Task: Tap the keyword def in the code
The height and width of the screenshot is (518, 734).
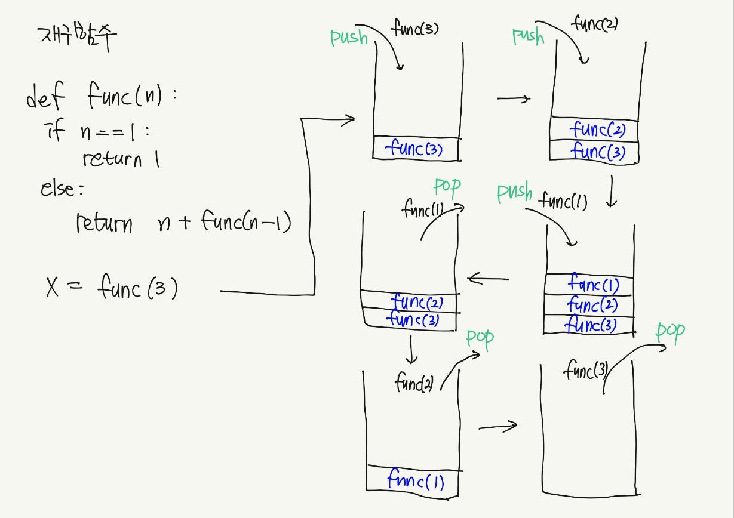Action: (x=45, y=97)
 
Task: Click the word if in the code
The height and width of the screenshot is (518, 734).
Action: (x=55, y=130)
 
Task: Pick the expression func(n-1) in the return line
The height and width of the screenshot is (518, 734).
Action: (x=245, y=223)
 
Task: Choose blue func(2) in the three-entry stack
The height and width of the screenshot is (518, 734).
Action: (x=592, y=305)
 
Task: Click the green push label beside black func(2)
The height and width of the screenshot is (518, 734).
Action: (x=528, y=36)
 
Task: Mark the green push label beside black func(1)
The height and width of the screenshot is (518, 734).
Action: (x=514, y=193)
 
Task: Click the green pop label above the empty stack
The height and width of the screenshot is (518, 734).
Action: (x=670, y=332)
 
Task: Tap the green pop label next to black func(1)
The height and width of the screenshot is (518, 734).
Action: (x=447, y=187)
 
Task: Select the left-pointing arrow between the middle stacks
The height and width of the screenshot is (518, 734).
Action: (x=487, y=279)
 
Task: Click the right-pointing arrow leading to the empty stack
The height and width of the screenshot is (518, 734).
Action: (x=498, y=426)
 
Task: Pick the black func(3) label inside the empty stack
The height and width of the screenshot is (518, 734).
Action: (x=585, y=371)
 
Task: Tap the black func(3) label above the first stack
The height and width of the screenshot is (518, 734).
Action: (x=416, y=28)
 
